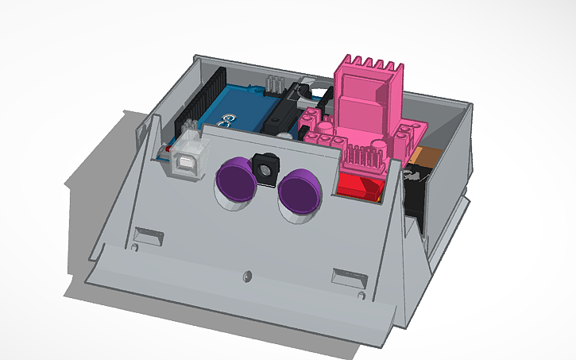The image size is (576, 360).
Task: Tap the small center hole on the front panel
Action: (x=246, y=276)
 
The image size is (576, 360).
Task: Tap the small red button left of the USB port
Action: (x=164, y=148)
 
